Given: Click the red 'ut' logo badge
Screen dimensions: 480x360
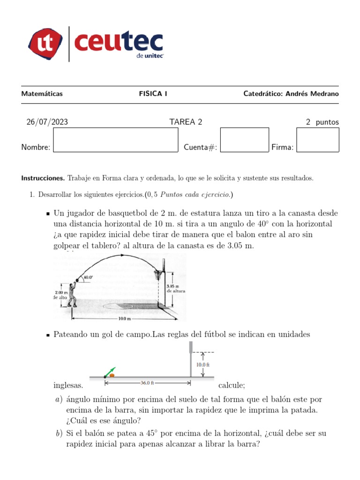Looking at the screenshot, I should [x=46, y=44].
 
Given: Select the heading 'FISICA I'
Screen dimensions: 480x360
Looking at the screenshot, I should [x=153, y=94].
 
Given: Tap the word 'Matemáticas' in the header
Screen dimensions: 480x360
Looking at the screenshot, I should [x=42, y=94].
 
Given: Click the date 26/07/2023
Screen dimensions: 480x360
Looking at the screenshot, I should [x=47, y=122].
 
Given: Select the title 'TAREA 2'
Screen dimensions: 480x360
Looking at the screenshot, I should [x=186, y=122].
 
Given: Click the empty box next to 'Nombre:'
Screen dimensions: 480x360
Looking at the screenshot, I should [x=116, y=140].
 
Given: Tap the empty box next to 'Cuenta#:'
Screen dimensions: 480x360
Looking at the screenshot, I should [x=244, y=140].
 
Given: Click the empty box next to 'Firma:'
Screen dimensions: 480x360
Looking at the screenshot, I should [x=317, y=140].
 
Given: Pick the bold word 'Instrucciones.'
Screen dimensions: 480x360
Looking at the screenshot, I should [x=43, y=178].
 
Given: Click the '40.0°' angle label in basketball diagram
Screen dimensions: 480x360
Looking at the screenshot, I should [x=88, y=277].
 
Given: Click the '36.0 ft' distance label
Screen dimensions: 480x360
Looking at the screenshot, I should [x=147, y=383].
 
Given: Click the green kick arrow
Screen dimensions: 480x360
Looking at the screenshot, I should [x=110, y=371].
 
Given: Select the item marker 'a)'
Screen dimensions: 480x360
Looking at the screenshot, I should [x=58, y=399].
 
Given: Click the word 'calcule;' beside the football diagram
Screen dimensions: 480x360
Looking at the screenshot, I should [x=232, y=386].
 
